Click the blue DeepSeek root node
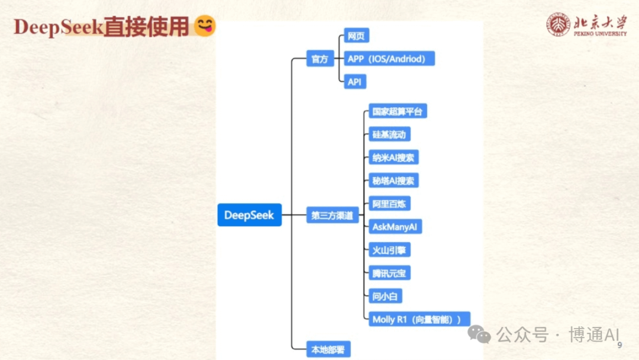(249, 215)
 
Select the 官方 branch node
(319, 59)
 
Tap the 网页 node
(356, 36)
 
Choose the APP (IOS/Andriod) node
(389, 59)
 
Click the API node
(354, 82)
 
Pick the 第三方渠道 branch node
(332, 216)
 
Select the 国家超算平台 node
(397, 111)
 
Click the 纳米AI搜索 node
(393, 157)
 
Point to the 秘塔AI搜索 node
(393, 181)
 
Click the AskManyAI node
(395, 227)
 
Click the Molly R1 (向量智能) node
(418, 319)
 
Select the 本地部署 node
(328, 349)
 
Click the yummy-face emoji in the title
(205, 27)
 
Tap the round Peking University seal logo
(558, 25)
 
